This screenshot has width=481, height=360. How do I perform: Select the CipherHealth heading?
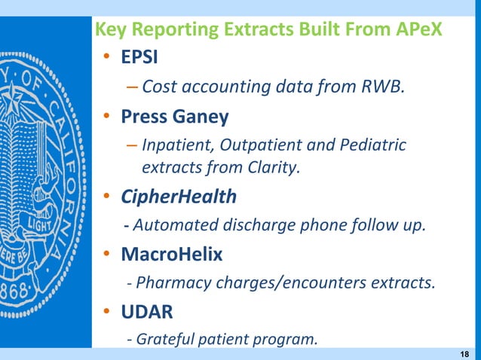click(x=179, y=197)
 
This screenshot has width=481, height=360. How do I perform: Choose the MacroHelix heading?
click(x=171, y=255)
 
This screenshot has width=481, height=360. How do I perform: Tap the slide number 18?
click(x=464, y=353)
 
